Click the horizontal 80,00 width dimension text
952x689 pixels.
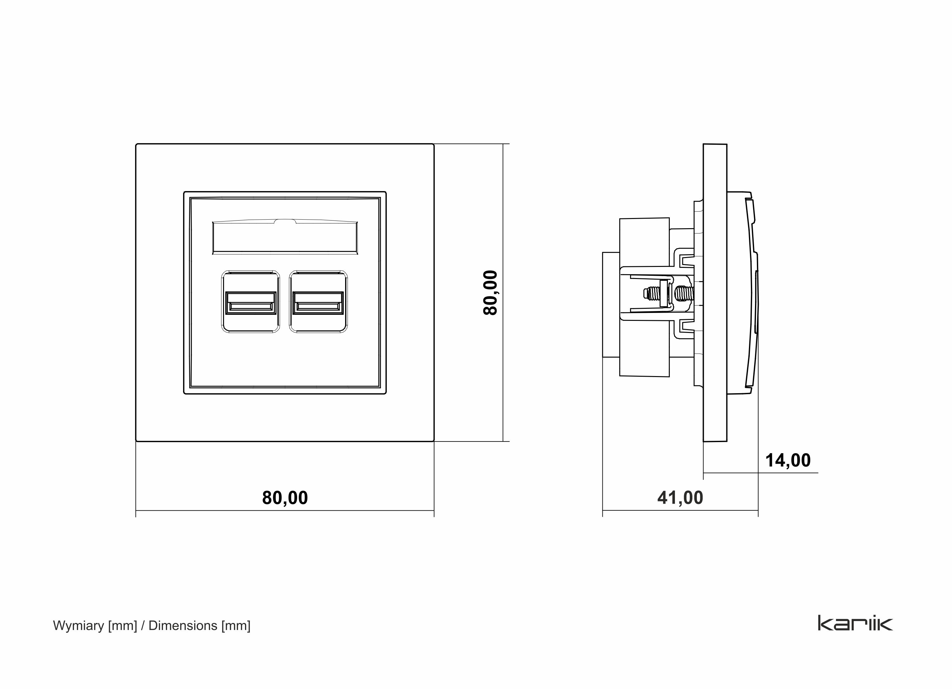(285, 498)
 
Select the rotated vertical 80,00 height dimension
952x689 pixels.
(490, 293)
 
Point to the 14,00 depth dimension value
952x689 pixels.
(788, 460)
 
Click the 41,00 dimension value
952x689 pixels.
(680, 498)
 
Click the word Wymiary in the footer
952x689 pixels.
(78, 626)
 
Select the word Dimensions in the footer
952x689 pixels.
(183, 626)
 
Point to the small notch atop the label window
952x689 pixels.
(285, 221)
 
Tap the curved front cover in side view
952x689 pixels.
(751, 294)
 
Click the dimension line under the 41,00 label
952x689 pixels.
(680, 511)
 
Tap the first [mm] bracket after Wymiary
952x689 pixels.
(123, 626)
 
